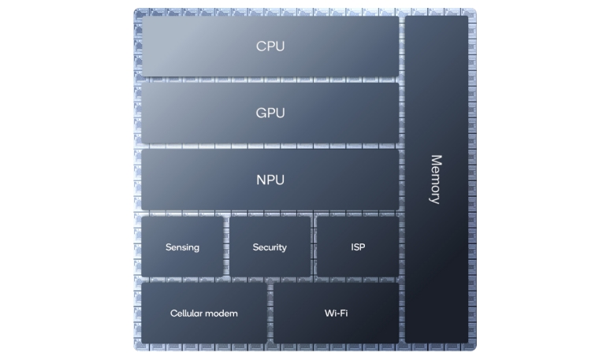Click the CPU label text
pyautogui.click(x=270, y=46)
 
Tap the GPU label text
pyautogui.click(x=270, y=113)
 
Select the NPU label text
pyautogui.click(x=270, y=180)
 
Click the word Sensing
pyautogui.click(x=183, y=247)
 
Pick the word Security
pyautogui.click(x=270, y=247)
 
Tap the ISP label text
pyautogui.click(x=358, y=247)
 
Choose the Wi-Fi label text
pyautogui.click(x=336, y=314)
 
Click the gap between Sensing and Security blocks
pyautogui.click(x=226, y=247)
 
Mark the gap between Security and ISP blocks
pyautogui.click(x=314, y=247)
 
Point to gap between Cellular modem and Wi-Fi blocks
pyautogui.click(x=270, y=313)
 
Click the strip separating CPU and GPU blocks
pyautogui.click(x=270, y=80)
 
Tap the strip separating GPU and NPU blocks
pyautogui.click(x=270, y=147)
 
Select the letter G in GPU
pyautogui.click(x=261, y=113)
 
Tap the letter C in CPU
pyautogui.click(x=261, y=46)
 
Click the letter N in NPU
pyautogui.click(x=261, y=180)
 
